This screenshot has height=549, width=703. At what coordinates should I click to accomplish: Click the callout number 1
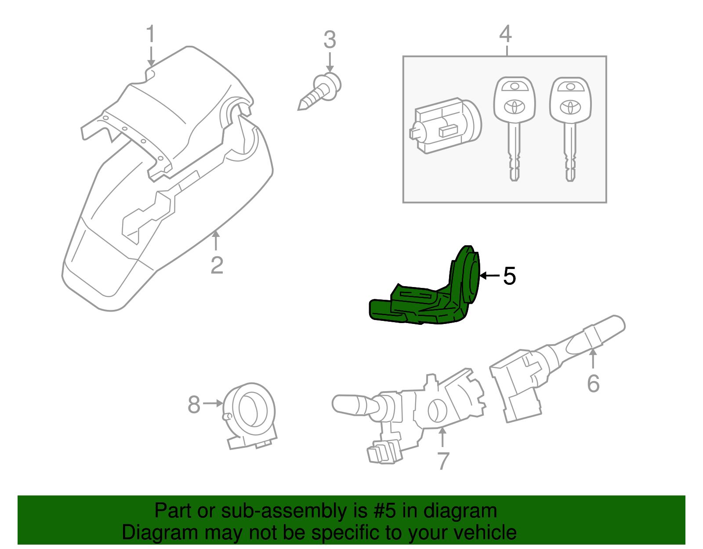tap(151, 34)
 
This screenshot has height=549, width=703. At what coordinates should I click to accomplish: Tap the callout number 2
tap(217, 265)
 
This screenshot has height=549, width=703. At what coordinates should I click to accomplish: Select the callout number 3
tap(330, 40)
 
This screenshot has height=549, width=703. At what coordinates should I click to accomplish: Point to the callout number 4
tap(506, 34)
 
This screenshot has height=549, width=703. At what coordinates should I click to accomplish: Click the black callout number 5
tap(509, 276)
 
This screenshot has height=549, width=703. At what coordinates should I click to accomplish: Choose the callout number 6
tap(593, 384)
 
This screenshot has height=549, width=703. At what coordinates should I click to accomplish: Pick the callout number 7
tap(443, 461)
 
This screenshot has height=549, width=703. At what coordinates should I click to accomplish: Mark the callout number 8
tap(194, 404)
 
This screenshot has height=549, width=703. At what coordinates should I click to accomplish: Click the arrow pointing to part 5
tap(489, 276)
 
